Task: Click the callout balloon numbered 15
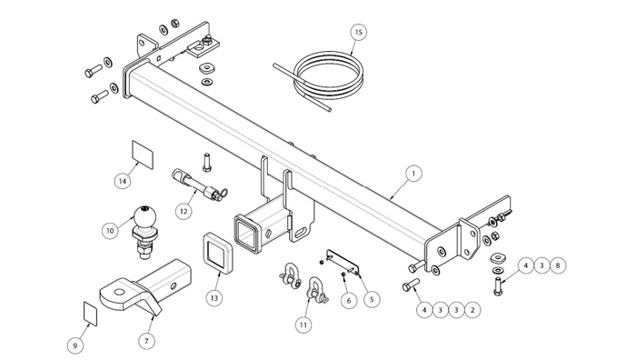click(x=358, y=33)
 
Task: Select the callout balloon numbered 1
click(x=413, y=174)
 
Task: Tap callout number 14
click(x=123, y=181)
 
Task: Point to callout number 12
click(x=184, y=211)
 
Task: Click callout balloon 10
click(x=110, y=231)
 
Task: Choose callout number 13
click(x=214, y=298)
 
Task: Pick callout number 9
click(x=75, y=345)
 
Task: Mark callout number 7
click(x=146, y=341)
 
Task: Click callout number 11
click(x=303, y=325)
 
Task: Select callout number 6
click(x=348, y=300)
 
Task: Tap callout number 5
click(x=372, y=299)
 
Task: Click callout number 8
click(x=558, y=265)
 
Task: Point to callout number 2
click(x=472, y=310)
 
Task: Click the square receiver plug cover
click(x=216, y=252)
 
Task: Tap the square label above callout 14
click(x=143, y=155)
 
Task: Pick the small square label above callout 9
click(x=91, y=314)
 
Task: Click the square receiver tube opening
click(x=246, y=235)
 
